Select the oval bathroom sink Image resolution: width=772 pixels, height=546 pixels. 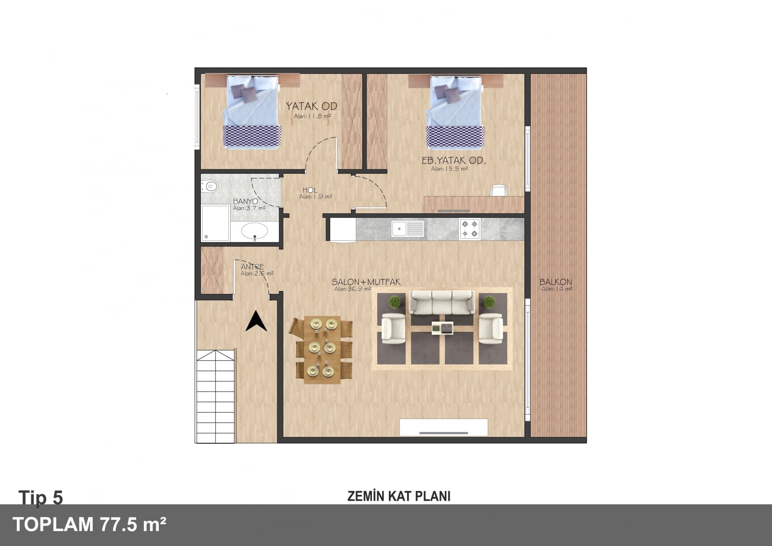(254, 231)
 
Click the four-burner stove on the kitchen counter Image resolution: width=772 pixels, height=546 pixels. (469, 229)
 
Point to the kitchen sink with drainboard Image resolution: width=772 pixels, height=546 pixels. (407, 229)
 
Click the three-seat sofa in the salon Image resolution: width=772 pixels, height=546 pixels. (442, 302)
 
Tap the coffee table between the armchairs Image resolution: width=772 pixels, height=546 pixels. (442, 328)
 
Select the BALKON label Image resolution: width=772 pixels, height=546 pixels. (555, 282)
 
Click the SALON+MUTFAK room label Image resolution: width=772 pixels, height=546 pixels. (366, 282)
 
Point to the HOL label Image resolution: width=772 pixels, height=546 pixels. (309, 190)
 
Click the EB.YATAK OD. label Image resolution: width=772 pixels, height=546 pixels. (454, 160)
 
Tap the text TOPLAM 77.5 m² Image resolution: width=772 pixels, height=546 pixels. (90, 525)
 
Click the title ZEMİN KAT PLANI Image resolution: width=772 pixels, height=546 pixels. (399, 496)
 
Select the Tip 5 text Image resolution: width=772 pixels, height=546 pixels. (41, 498)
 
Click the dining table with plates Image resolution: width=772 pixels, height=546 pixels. (322, 350)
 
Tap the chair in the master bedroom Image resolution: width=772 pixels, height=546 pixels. (499, 190)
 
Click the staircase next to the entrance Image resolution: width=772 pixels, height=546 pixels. (215, 396)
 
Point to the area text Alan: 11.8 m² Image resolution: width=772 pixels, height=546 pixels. (312, 116)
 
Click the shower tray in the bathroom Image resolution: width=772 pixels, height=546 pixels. (215, 223)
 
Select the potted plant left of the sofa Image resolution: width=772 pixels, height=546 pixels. (395, 302)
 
